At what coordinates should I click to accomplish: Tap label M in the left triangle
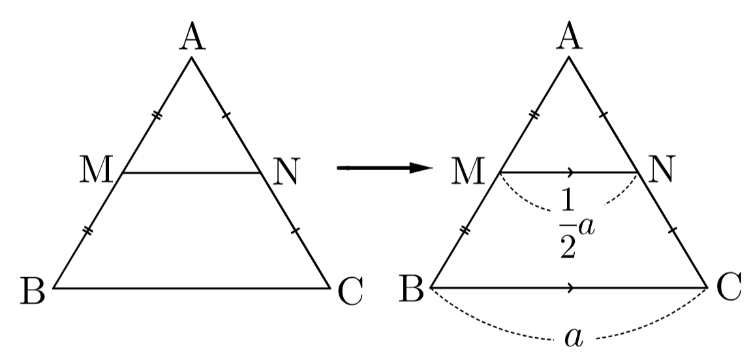coord(97,170)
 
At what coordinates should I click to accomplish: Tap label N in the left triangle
coord(286,171)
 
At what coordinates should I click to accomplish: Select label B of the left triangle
coord(33,291)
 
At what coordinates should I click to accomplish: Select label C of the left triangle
coord(350,292)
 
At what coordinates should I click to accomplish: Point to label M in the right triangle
coord(468,170)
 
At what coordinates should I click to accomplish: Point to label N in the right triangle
coord(662,170)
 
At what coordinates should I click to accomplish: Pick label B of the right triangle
coord(412,289)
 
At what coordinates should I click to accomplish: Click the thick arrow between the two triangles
coord(385,168)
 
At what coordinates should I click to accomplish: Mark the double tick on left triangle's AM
coord(157,115)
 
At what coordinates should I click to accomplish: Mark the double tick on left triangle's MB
coord(87,231)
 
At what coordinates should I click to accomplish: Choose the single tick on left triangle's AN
coord(226,115)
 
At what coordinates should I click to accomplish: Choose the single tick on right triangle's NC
coord(673,230)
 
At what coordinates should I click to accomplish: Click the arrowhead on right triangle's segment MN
coord(570,172)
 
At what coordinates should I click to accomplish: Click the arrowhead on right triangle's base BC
coord(570,288)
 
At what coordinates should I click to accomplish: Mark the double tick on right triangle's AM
coord(534,114)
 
